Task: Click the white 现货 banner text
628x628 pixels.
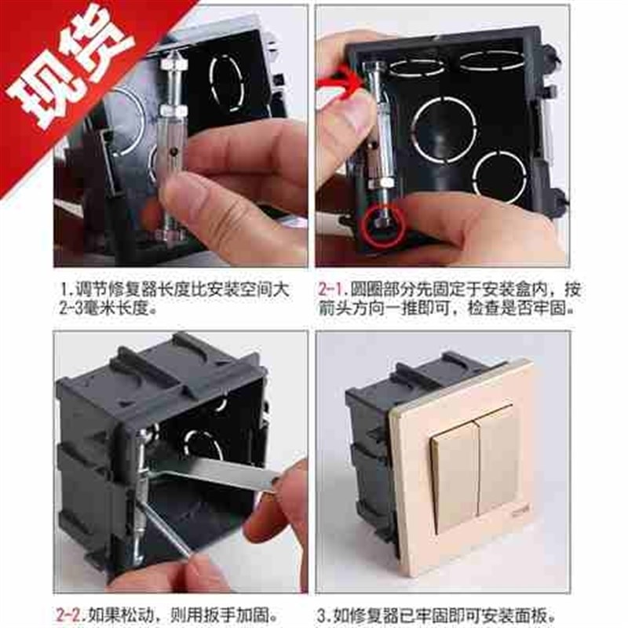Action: click(x=75, y=67)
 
